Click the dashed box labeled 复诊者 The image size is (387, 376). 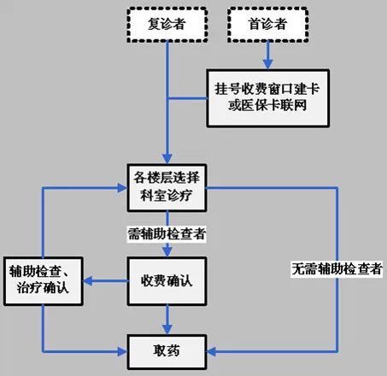coord(167,25)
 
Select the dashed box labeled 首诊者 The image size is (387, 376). coord(267,25)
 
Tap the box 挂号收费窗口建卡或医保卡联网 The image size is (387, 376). coord(267,98)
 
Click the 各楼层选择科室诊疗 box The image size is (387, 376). coord(167,188)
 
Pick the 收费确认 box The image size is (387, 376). coord(167,281)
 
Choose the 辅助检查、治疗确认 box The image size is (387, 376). coord(44,281)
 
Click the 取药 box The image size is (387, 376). coord(167,352)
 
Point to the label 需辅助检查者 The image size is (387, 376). coord(167,234)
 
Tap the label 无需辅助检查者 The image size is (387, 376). coord(337,269)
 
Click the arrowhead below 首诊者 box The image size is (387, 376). coord(267,64)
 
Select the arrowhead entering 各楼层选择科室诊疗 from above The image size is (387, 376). coord(167,159)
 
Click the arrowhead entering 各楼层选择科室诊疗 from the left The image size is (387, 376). coord(122,188)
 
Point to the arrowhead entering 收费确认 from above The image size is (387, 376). coord(167,252)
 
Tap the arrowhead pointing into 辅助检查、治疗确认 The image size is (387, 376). coord(88,281)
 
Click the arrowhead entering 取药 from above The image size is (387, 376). coord(167,330)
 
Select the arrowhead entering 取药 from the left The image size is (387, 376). coord(122,352)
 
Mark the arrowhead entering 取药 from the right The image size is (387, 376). coord(212,352)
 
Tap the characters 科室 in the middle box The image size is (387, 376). coord(154,196)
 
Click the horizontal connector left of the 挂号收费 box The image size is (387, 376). coord(187,98)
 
